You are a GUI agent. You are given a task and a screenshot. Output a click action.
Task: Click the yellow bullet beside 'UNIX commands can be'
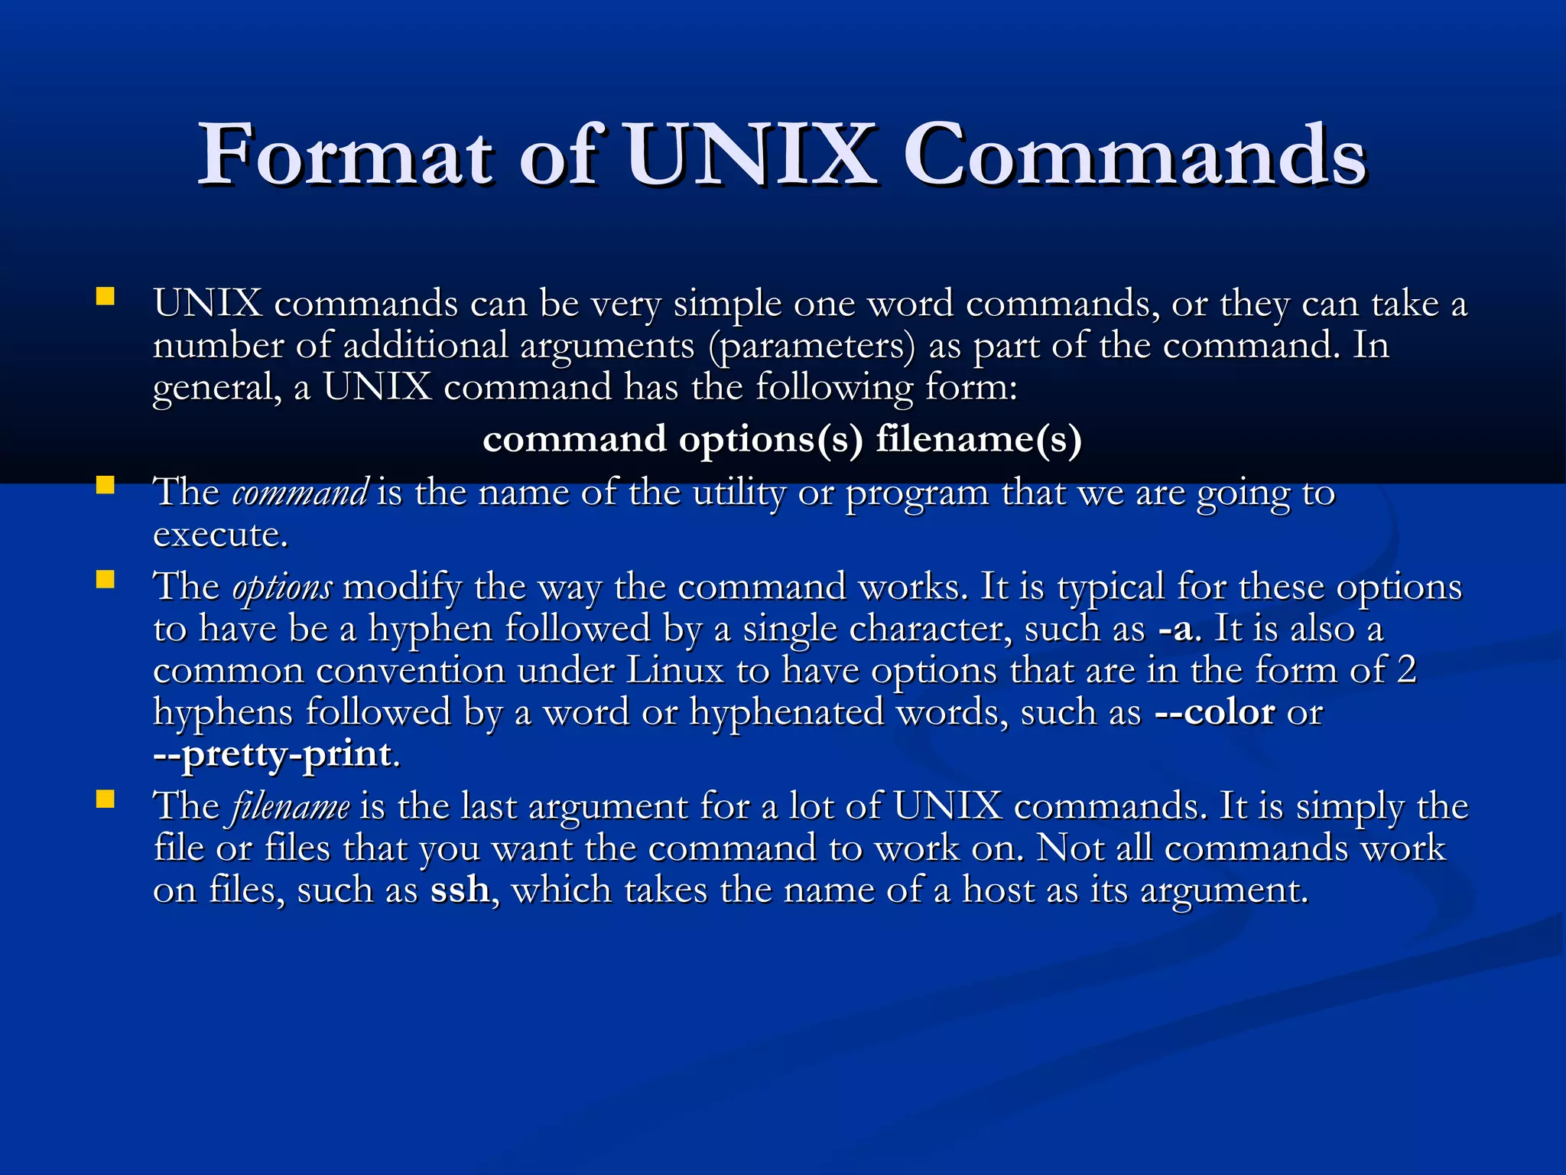(x=105, y=296)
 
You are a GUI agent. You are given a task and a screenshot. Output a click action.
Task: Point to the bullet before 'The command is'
(x=105, y=485)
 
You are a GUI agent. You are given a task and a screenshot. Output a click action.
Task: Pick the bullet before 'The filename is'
(x=105, y=799)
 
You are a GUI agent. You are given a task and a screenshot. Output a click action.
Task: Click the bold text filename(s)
(x=978, y=439)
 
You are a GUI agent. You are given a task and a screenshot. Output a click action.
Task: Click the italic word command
(x=300, y=493)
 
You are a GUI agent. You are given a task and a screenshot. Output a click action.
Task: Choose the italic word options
(x=282, y=587)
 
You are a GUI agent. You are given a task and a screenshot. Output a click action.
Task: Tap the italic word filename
(x=290, y=807)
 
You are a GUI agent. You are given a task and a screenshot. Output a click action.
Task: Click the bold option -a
(x=1174, y=630)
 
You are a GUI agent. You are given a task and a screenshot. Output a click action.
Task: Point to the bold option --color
(x=1214, y=712)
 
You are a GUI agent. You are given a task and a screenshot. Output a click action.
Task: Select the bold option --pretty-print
(x=273, y=754)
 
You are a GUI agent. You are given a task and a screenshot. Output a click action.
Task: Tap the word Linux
(x=674, y=671)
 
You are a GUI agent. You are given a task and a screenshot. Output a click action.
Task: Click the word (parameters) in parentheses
(x=811, y=346)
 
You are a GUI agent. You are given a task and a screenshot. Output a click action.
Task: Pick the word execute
(x=219, y=535)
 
